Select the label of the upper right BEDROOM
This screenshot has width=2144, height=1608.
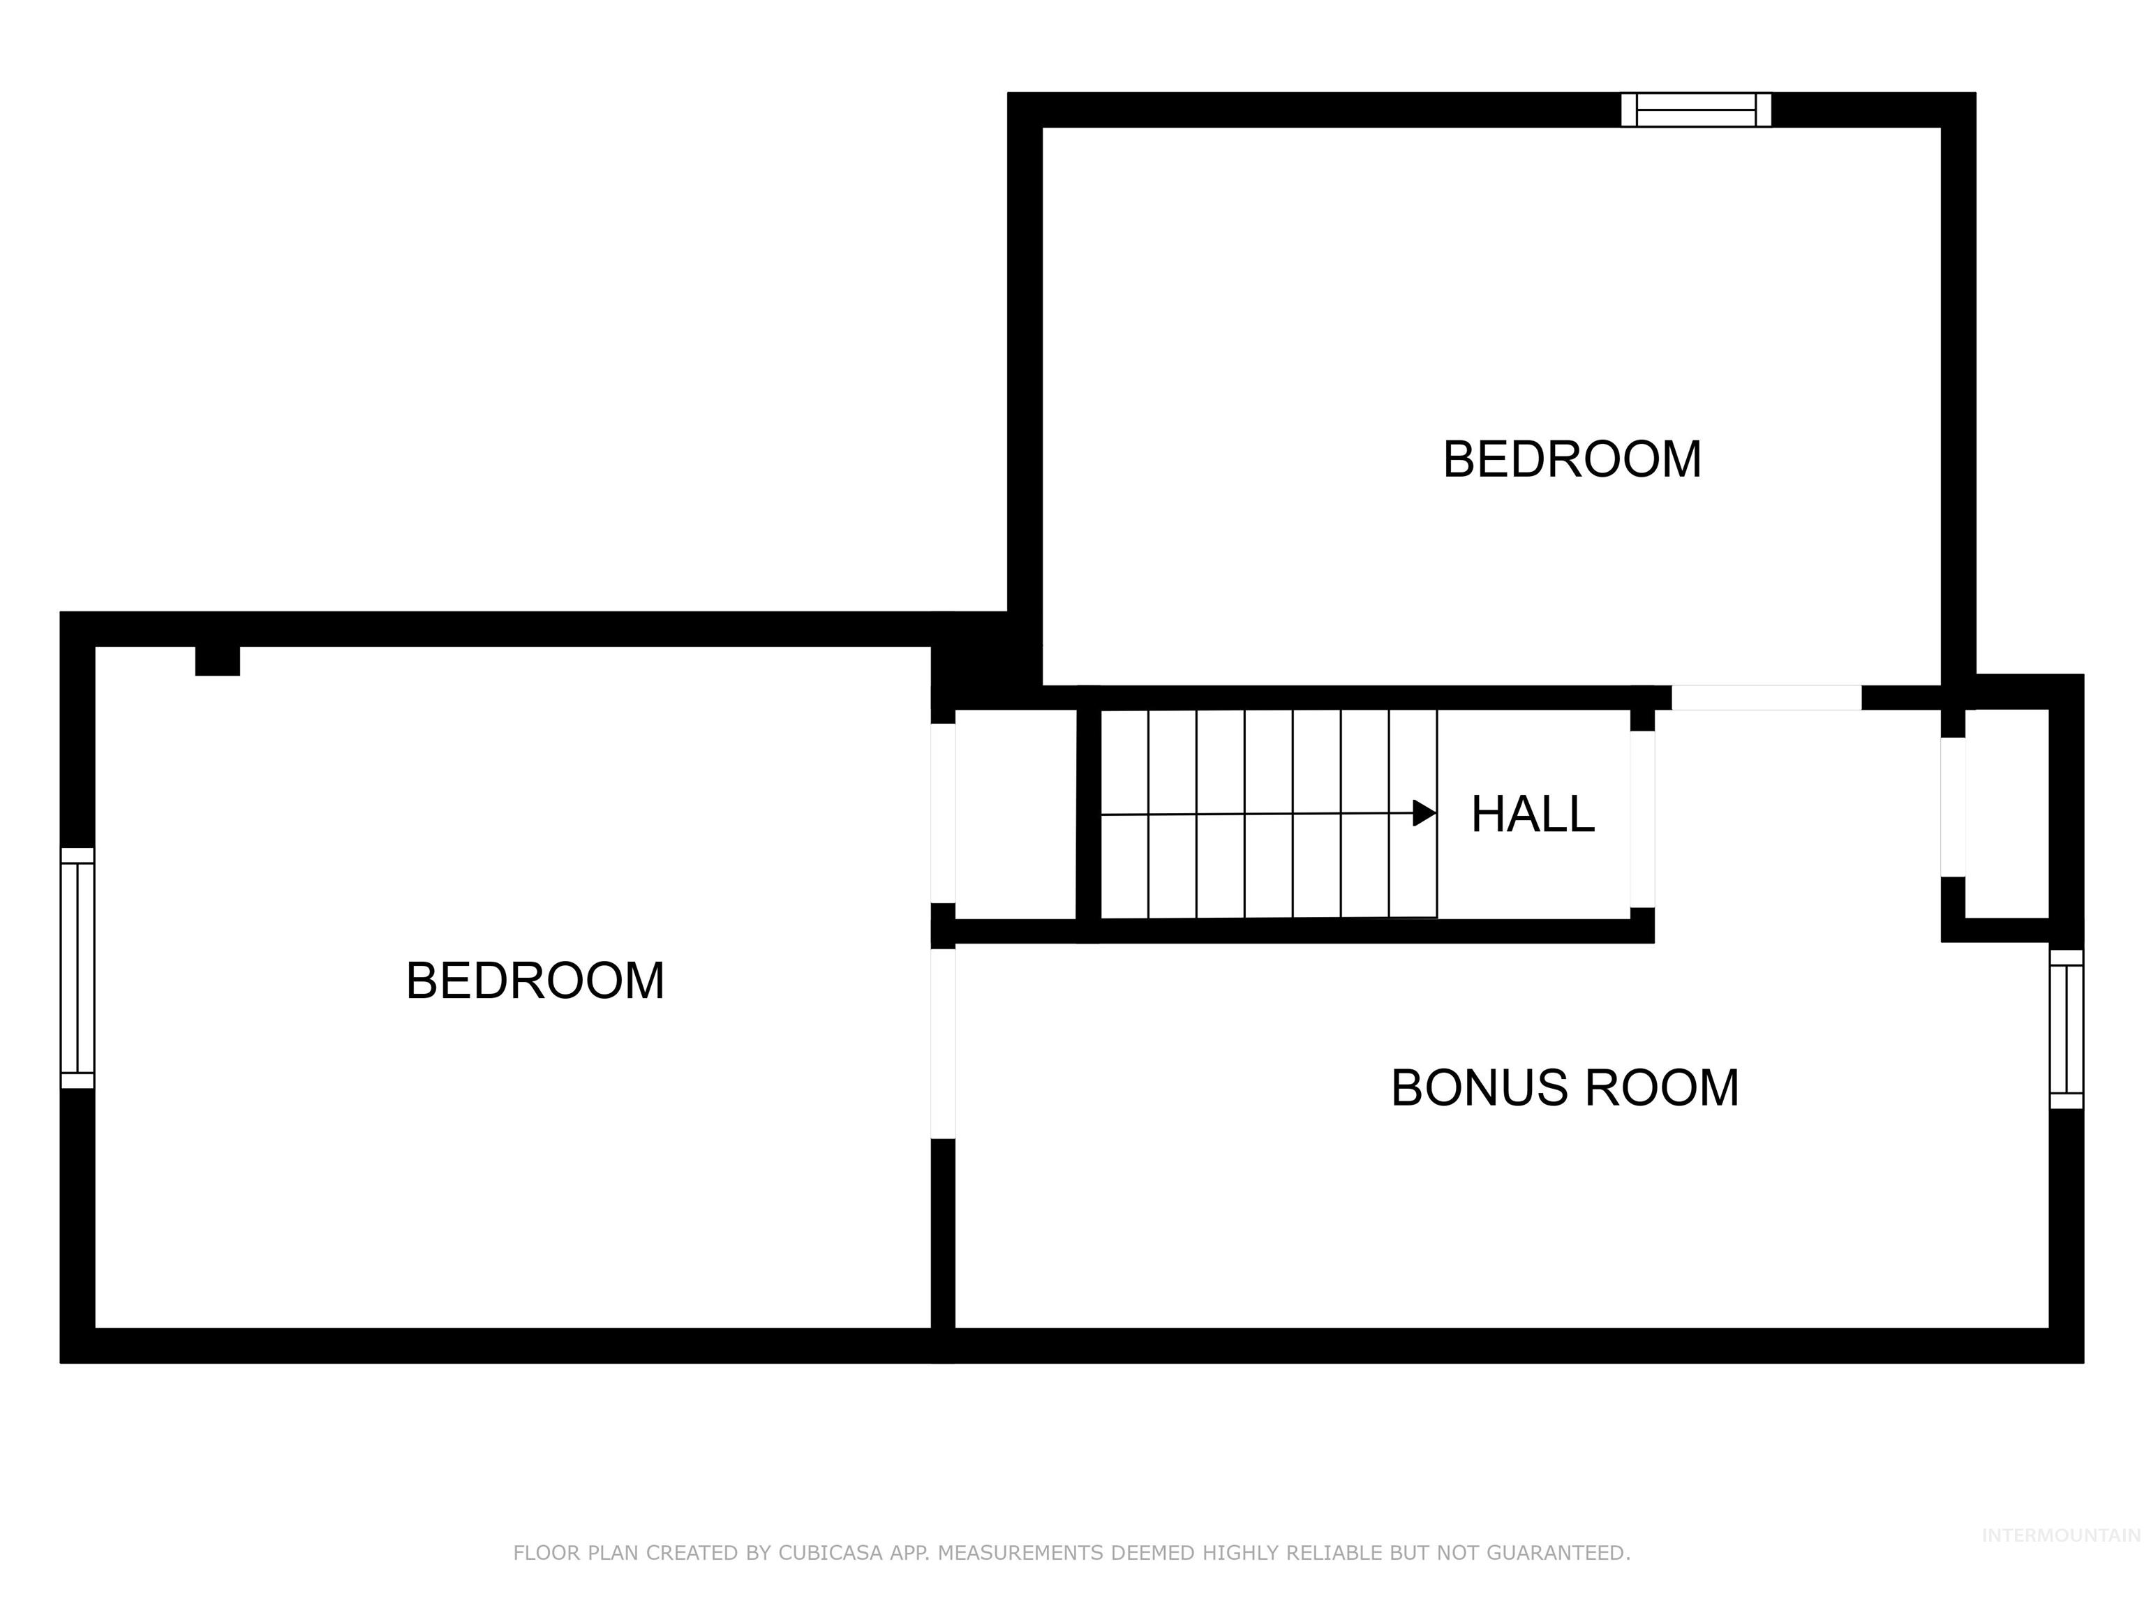[1571, 459]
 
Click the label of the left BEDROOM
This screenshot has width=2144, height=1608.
[535, 981]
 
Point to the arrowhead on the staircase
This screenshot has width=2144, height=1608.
[1424, 813]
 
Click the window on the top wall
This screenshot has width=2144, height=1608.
[1695, 110]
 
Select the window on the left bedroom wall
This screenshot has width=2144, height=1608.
[77, 967]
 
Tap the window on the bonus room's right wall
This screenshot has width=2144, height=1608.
[2066, 1029]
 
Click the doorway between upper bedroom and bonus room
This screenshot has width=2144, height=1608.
[1766, 697]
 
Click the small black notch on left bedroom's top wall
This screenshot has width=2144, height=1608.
[217, 661]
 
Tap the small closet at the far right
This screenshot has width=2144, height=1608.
[2007, 814]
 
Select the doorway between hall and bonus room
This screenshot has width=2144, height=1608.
[1642, 819]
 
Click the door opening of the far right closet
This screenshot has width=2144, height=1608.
[1952, 807]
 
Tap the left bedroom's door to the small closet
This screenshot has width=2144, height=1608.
[943, 813]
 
